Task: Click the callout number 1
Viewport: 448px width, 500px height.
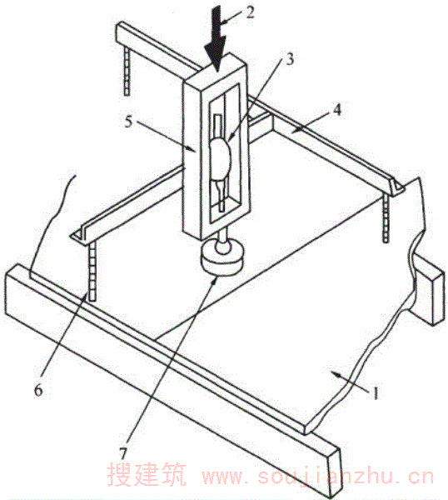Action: [x=376, y=392]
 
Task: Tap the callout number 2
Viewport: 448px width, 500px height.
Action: [x=250, y=12]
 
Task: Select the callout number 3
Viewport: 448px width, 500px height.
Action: [x=289, y=59]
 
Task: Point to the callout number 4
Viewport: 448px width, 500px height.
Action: [x=336, y=110]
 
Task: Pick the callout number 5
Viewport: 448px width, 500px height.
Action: [x=128, y=122]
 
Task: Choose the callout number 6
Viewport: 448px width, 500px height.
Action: [x=38, y=390]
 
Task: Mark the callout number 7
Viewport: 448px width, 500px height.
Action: [x=122, y=452]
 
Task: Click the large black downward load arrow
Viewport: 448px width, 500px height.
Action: [x=216, y=38]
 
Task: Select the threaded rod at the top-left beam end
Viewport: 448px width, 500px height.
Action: [x=127, y=71]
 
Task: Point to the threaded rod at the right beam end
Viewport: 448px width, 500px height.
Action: [x=386, y=219]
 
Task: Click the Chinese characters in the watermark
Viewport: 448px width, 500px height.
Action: [x=147, y=474]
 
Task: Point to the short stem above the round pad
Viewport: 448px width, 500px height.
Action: [x=222, y=243]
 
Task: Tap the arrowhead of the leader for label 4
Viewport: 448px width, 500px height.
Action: [x=295, y=130]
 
